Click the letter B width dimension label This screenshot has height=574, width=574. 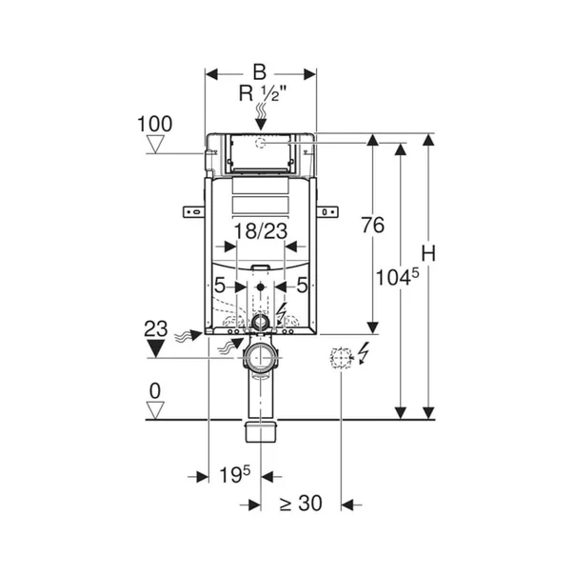(x=260, y=72)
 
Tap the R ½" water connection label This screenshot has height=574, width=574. (x=262, y=93)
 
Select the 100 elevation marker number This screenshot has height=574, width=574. (x=155, y=124)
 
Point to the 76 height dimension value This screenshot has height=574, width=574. (x=373, y=225)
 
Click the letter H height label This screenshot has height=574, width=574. (x=428, y=253)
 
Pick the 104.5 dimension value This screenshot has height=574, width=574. (x=398, y=277)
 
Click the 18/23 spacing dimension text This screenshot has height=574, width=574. (x=261, y=231)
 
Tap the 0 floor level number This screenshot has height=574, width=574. (x=155, y=391)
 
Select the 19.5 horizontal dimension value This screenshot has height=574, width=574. (x=235, y=474)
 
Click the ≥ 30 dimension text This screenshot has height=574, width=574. (x=301, y=503)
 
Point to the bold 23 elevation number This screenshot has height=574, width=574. (x=156, y=328)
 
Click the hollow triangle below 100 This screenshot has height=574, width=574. (x=155, y=144)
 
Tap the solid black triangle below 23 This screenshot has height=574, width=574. (x=155, y=348)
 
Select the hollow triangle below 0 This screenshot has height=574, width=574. (x=155, y=410)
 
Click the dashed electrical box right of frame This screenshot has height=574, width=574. (x=341, y=357)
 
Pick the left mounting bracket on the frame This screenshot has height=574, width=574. (x=193, y=211)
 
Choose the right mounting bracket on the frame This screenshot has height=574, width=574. (x=327, y=211)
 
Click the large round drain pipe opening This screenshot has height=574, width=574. (x=261, y=357)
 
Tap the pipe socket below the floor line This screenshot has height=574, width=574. (x=261, y=431)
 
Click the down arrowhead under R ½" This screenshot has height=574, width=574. (x=261, y=125)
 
